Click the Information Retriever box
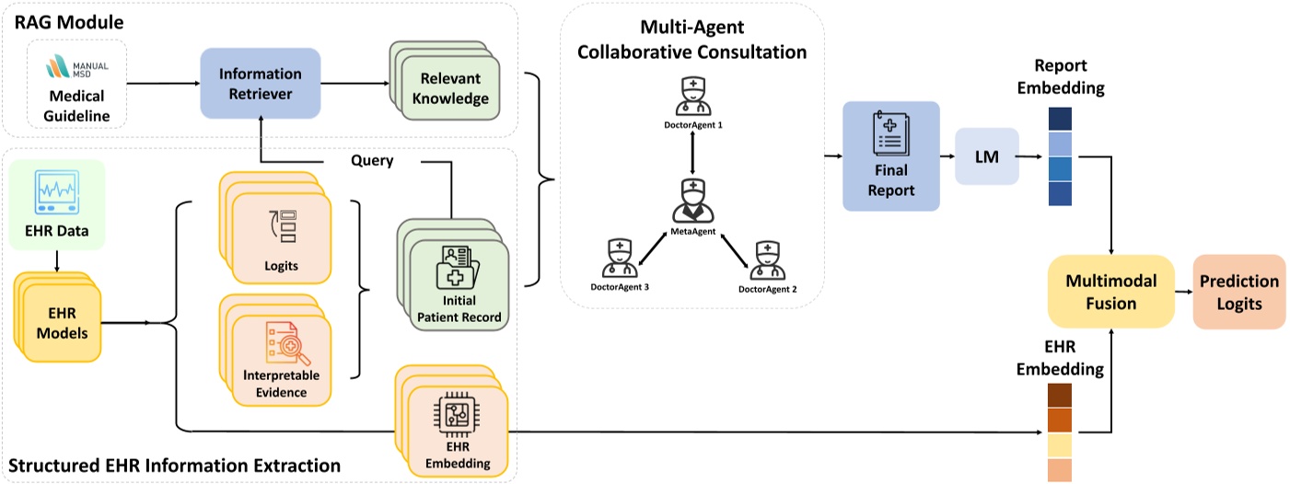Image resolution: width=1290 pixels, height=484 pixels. [x=260, y=84]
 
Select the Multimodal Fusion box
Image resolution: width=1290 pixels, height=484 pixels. [x=1112, y=291]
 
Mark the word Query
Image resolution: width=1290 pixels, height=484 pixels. [x=372, y=159]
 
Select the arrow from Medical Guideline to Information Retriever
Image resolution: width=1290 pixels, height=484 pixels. [x=162, y=84]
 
